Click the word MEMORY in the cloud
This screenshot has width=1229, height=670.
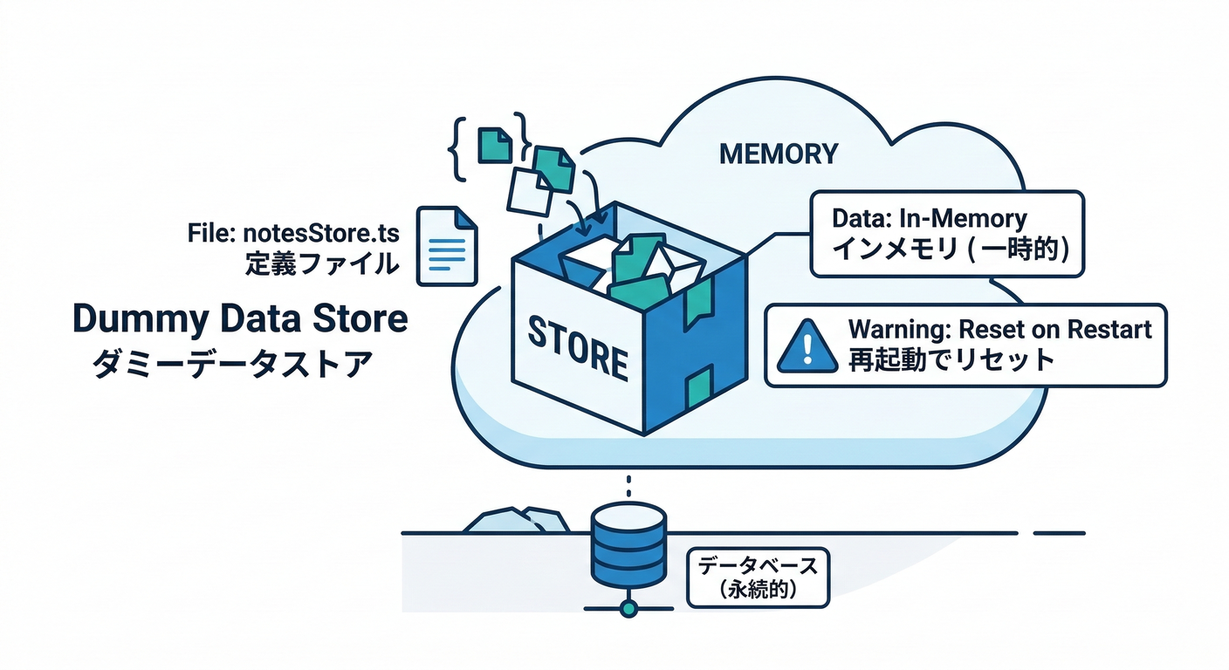(x=778, y=154)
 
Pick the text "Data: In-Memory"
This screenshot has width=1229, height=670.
(x=930, y=217)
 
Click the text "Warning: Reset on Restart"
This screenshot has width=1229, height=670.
(x=999, y=330)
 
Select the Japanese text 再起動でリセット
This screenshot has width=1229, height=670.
(x=951, y=360)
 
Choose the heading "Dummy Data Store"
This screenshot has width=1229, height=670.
(x=240, y=319)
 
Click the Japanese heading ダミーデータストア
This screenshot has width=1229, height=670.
(x=232, y=363)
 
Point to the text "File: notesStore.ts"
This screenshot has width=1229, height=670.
(x=292, y=233)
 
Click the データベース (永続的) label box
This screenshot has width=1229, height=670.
(x=756, y=578)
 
